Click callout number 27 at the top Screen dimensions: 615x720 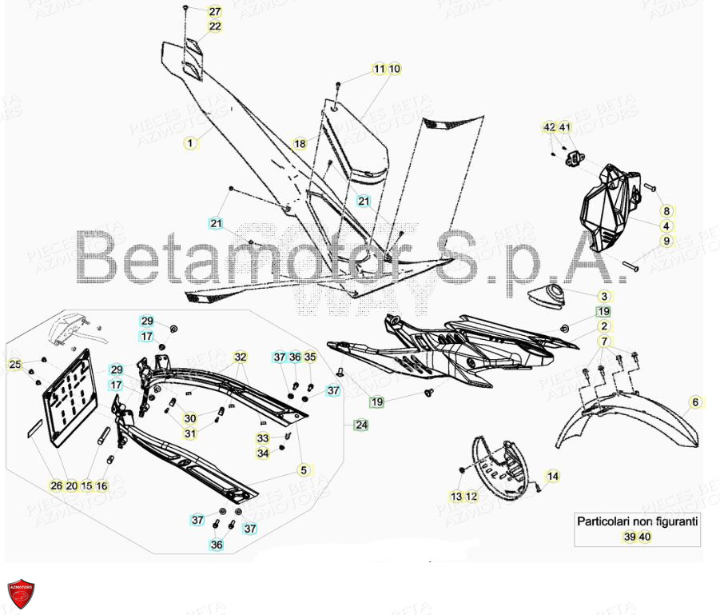[215, 11]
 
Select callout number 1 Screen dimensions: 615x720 [189, 144]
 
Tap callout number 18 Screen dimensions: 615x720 [299, 144]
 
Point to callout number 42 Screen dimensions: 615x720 [549, 127]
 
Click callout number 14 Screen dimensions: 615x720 [553, 477]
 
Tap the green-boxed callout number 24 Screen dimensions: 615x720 [361, 425]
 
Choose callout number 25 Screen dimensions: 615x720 [14, 365]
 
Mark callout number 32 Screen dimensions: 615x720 [241, 357]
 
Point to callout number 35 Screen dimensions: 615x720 [310, 357]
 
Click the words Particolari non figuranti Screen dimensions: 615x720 [638, 521]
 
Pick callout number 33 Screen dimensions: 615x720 [263, 438]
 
